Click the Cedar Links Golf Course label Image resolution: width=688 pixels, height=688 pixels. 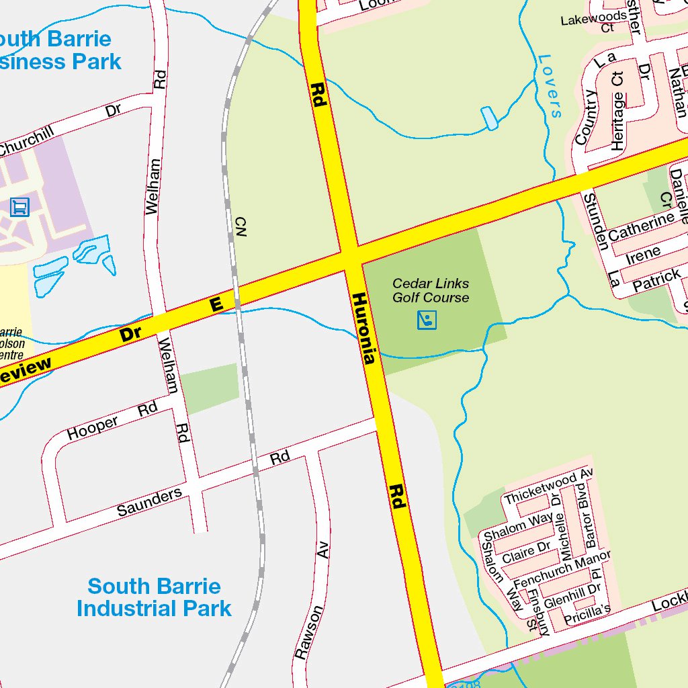431,291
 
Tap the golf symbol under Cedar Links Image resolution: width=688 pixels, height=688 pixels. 427,320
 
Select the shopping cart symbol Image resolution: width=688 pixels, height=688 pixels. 20,206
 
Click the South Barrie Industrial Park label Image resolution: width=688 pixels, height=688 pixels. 154,597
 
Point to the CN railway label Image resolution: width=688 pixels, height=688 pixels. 241,226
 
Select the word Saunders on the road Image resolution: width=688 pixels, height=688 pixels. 149,502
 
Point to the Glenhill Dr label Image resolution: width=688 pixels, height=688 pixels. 572,594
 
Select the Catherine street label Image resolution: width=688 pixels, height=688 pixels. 641,226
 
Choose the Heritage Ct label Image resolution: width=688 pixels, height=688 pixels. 617,111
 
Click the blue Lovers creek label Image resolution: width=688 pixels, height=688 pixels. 550,86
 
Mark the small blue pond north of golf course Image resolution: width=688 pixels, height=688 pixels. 490,118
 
